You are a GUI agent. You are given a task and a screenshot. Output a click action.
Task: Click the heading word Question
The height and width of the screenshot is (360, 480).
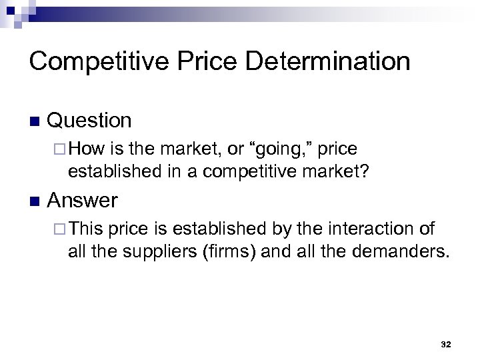click(90, 121)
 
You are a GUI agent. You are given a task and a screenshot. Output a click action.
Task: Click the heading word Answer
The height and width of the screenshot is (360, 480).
click(83, 200)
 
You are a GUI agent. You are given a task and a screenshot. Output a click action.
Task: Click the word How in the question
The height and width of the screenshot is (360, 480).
click(83, 148)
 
